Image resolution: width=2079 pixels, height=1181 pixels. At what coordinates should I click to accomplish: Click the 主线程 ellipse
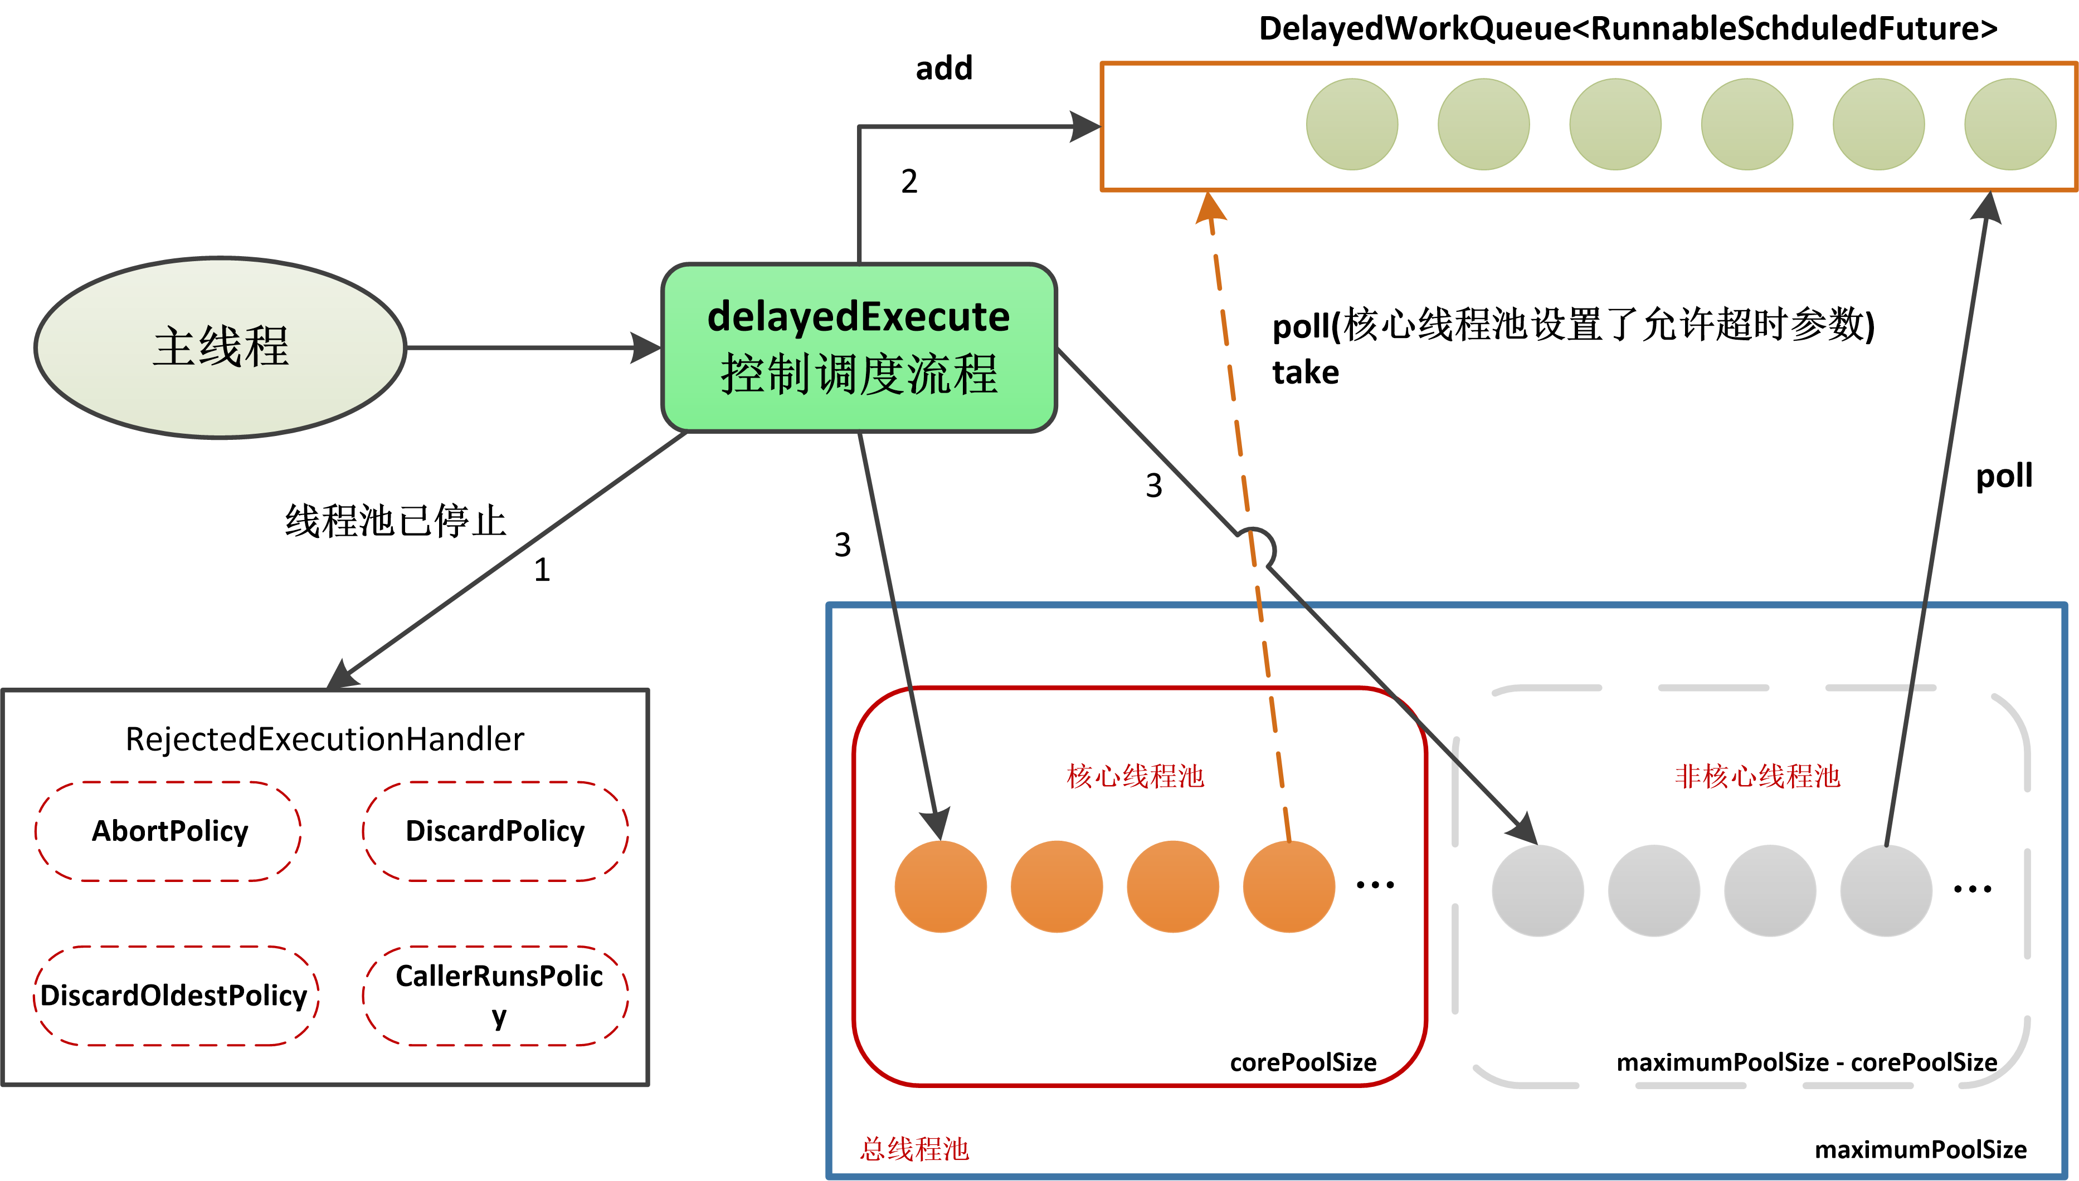220,348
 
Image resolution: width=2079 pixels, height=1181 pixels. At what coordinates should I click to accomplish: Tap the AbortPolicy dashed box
169,831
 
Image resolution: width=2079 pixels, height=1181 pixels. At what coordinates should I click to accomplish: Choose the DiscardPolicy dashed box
495,831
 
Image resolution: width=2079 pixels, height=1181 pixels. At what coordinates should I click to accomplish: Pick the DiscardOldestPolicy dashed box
174,995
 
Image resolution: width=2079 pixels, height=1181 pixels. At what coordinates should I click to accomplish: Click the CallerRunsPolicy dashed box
496,995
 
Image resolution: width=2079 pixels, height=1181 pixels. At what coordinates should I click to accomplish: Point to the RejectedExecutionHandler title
325,739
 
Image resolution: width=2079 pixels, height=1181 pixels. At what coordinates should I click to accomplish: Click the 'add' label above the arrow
944,68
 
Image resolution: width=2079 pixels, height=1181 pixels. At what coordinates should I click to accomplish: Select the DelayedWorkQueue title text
1627,28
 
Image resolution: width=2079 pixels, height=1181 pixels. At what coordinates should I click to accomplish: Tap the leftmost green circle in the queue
1352,124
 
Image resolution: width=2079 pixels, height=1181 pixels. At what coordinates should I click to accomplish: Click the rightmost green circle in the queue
2010,124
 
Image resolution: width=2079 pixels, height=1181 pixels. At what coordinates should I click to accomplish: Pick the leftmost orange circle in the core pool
941,886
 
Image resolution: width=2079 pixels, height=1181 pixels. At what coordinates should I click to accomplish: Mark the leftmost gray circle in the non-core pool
1538,890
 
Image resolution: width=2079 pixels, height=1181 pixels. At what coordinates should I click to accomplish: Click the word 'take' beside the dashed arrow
1305,373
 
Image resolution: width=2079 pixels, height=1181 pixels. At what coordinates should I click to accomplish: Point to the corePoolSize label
1302,1062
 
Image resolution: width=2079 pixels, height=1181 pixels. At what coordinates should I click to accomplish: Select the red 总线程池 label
914,1149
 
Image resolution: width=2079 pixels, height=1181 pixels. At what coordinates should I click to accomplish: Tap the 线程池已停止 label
395,521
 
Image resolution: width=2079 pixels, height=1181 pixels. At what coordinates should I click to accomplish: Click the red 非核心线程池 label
1757,776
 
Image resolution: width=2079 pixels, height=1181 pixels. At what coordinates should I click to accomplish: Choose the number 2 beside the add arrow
909,181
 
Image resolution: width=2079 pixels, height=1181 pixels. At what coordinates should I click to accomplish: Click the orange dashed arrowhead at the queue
1210,207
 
